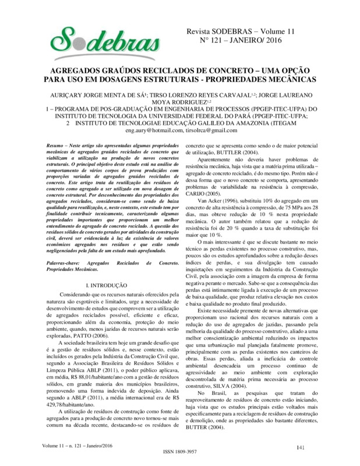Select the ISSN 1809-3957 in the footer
180,458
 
